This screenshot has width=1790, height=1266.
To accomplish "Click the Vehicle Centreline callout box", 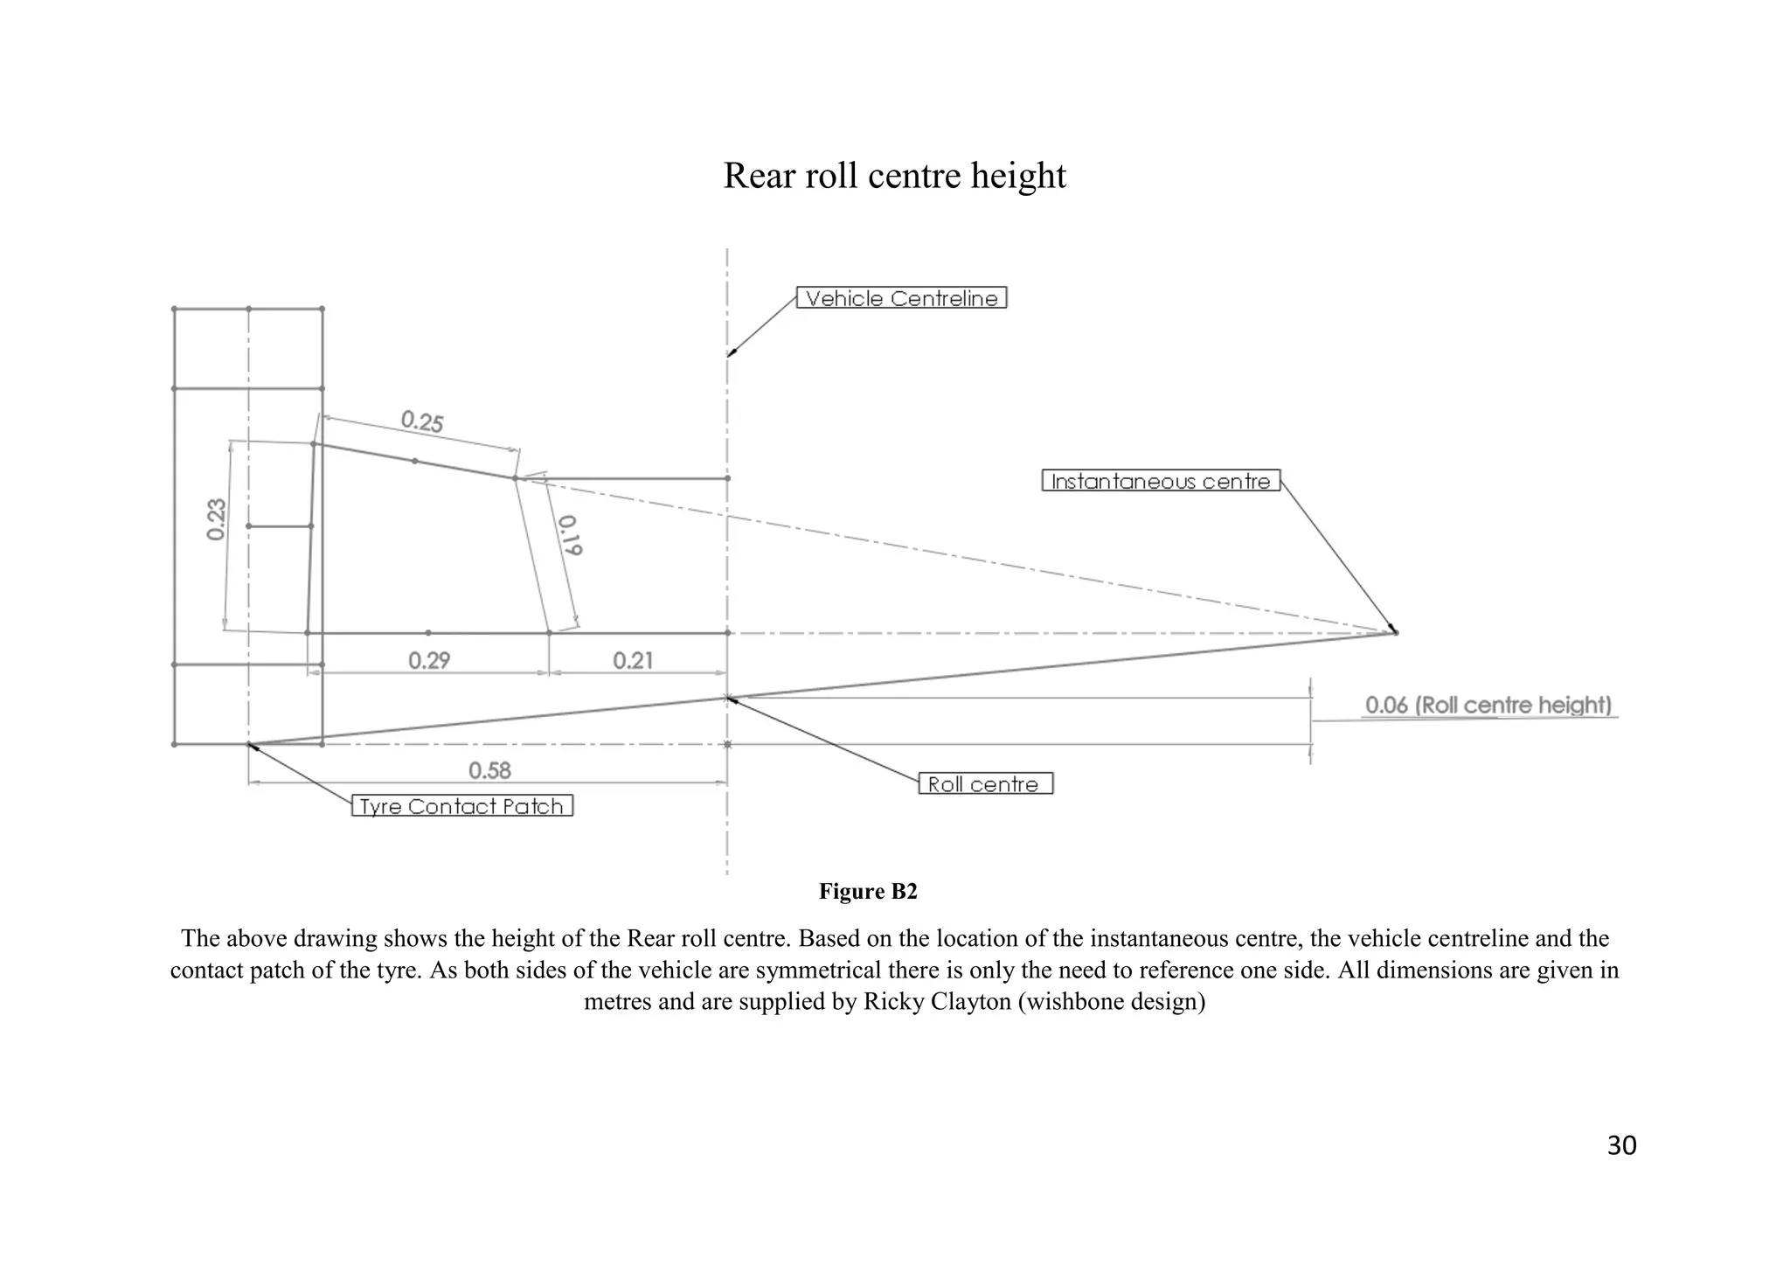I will pyautogui.click(x=901, y=298).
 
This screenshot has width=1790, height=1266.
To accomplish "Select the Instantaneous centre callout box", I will pyautogui.click(x=1161, y=481).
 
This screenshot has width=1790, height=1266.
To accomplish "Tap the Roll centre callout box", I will pyautogui.click(x=985, y=783).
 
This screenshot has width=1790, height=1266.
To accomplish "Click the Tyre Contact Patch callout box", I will pyautogui.click(x=461, y=806).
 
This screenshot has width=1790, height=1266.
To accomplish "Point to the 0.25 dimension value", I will pyautogui.click(x=422, y=422).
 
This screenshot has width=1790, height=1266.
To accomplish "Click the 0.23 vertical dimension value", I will pyautogui.click(x=217, y=519).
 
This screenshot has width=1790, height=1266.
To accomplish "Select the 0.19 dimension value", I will pyautogui.click(x=570, y=535).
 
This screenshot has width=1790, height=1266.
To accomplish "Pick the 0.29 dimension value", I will pyautogui.click(x=429, y=660).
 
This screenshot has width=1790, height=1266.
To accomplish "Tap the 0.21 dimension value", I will pyautogui.click(x=633, y=660).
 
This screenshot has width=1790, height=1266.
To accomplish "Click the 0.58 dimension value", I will pyautogui.click(x=489, y=770).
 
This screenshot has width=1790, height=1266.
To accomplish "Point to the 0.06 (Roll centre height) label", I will pyautogui.click(x=1488, y=705).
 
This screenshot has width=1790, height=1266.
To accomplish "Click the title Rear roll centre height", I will pyautogui.click(x=894, y=176).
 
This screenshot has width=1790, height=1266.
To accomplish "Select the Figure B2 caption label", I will pyautogui.click(x=867, y=891).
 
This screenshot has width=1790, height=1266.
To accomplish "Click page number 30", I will pyautogui.click(x=1621, y=1145).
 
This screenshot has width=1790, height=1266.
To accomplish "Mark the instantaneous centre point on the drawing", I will pyautogui.click(x=1395, y=632).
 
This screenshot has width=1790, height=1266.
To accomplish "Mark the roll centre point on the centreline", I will pyautogui.click(x=727, y=698).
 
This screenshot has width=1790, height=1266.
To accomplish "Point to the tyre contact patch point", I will pyautogui.click(x=249, y=745).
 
